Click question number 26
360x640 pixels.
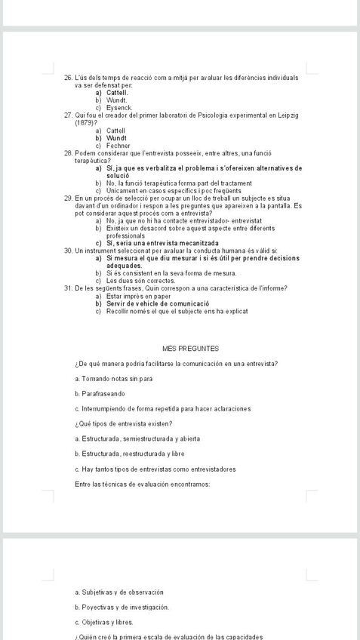point(69,78)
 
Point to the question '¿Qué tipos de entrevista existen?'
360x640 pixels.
point(125,423)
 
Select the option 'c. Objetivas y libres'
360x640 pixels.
point(105,623)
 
